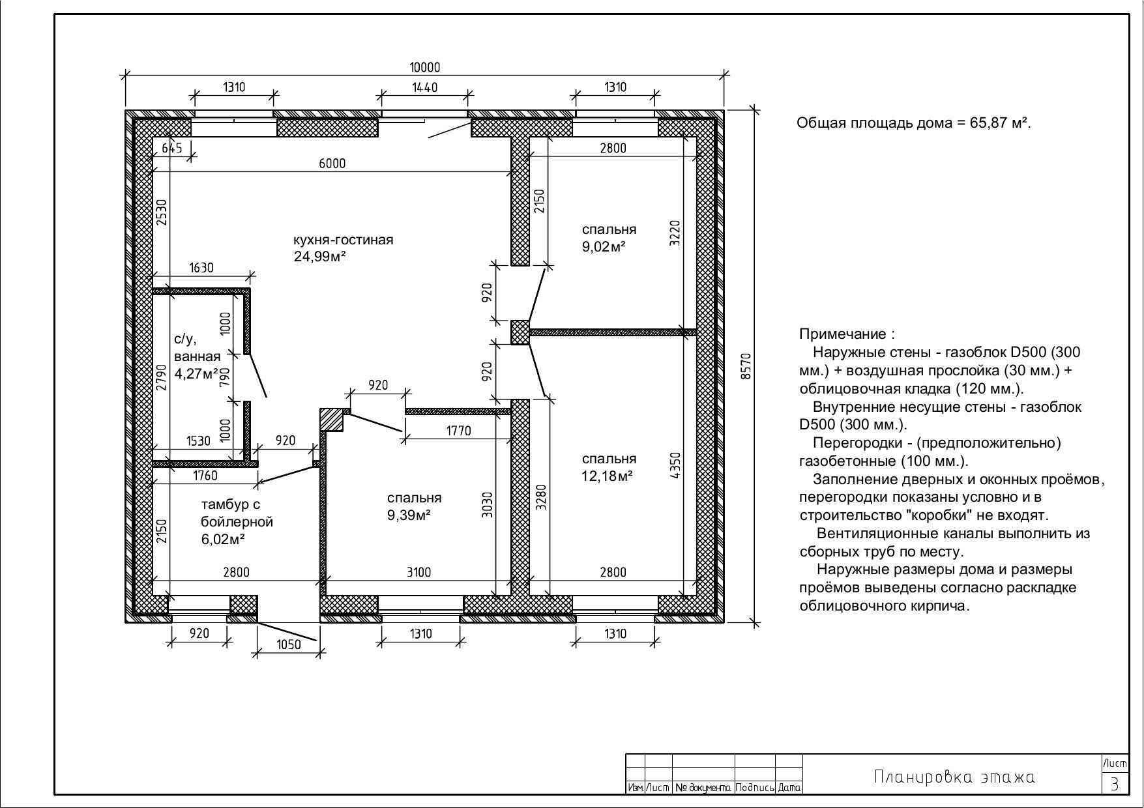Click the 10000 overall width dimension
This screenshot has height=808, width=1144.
pyautogui.click(x=425, y=67)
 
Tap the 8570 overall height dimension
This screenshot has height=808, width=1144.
pyautogui.click(x=746, y=366)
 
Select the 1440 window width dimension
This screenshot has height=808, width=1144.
pyautogui.click(x=425, y=87)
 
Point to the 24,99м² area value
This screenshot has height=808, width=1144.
pyautogui.click(x=319, y=257)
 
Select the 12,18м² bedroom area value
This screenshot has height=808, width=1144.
pyautogui.click(x=608, y=476)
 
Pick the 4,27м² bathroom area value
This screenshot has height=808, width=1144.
pyautogui.click(x=196, y=374)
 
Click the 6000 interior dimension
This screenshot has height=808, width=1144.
pyautogui.click(x=332, y=164)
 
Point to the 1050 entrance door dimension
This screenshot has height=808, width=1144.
pyautogui.click(x=289, y=644)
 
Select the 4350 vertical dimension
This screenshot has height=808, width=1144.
pyautogui.click(x=675, y=466)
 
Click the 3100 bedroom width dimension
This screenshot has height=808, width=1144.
pyautogui.click(x=418, y=572)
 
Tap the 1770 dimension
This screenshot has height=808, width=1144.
pyautogui.click(x=458, y=431)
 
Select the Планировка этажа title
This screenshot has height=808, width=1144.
pyautogui.click(x=954, y=777)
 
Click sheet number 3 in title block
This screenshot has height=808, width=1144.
pyautogui.click(x=1115, y=784)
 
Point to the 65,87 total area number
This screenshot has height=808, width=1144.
pyautogui.click(x=990, y=123)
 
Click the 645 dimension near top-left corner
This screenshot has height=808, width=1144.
pyautogui.click(x=172, y=148)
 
